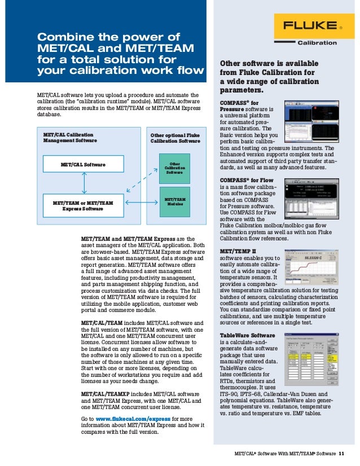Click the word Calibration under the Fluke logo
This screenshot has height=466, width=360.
(x=317, y=42)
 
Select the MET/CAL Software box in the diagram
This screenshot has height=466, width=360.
(x=83, y=165)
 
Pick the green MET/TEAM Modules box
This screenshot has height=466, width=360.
(x=174, y=201)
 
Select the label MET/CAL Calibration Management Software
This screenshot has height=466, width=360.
(x=70, y=138)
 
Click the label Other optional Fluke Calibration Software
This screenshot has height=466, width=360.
(x=175, y=138)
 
